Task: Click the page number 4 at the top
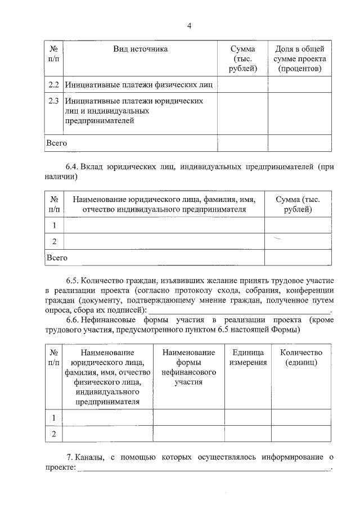[x=190, y=25]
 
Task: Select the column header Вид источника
[x=140, y=49]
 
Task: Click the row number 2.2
[x=53, y=85]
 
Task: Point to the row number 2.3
[x=53, y=101]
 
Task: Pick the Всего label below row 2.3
[x=56, y=143]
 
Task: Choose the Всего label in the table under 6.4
[x=57, y=258]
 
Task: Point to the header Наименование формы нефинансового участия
[x=188, y=367]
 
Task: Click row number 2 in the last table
[x=54, y=434]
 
